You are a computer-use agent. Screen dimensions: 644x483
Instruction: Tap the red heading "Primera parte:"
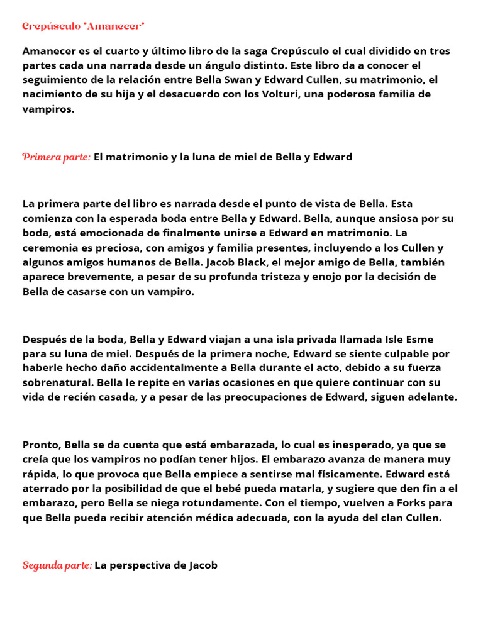pos(57,157)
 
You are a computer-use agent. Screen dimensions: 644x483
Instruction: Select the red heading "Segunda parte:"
pos(57,565)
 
